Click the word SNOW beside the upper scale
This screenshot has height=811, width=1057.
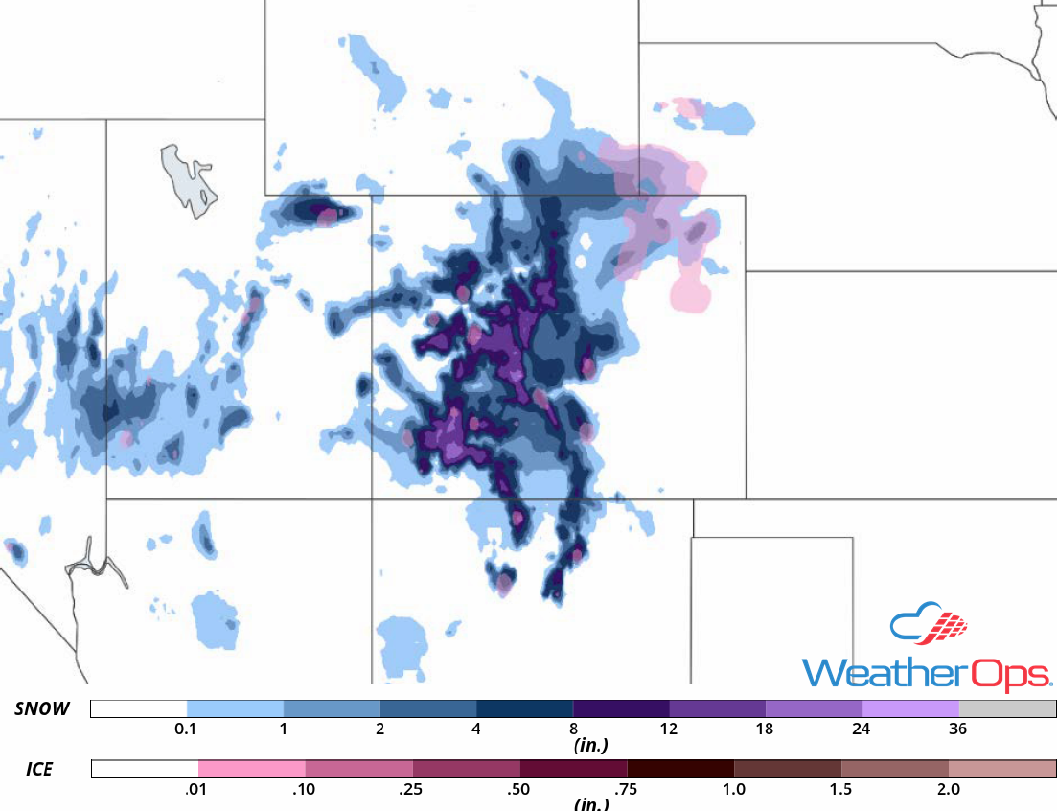42,709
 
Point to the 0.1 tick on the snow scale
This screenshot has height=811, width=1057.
187,730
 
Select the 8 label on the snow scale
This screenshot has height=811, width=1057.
572,730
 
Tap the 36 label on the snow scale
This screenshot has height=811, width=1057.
957,730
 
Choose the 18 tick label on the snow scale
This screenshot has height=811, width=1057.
765,730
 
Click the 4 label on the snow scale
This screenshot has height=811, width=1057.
476,730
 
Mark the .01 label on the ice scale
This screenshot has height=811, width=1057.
198,789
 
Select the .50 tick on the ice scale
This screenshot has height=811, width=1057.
519,789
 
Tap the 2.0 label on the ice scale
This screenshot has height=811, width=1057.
948,789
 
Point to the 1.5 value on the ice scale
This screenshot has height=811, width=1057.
840,789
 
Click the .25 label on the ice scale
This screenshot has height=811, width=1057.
412,789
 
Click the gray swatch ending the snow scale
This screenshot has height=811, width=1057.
1007,708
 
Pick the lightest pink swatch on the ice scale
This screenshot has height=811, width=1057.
252,769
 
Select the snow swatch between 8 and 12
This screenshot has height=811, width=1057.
621,708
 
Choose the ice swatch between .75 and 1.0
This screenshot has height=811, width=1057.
680,769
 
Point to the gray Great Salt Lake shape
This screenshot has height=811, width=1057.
187,179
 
